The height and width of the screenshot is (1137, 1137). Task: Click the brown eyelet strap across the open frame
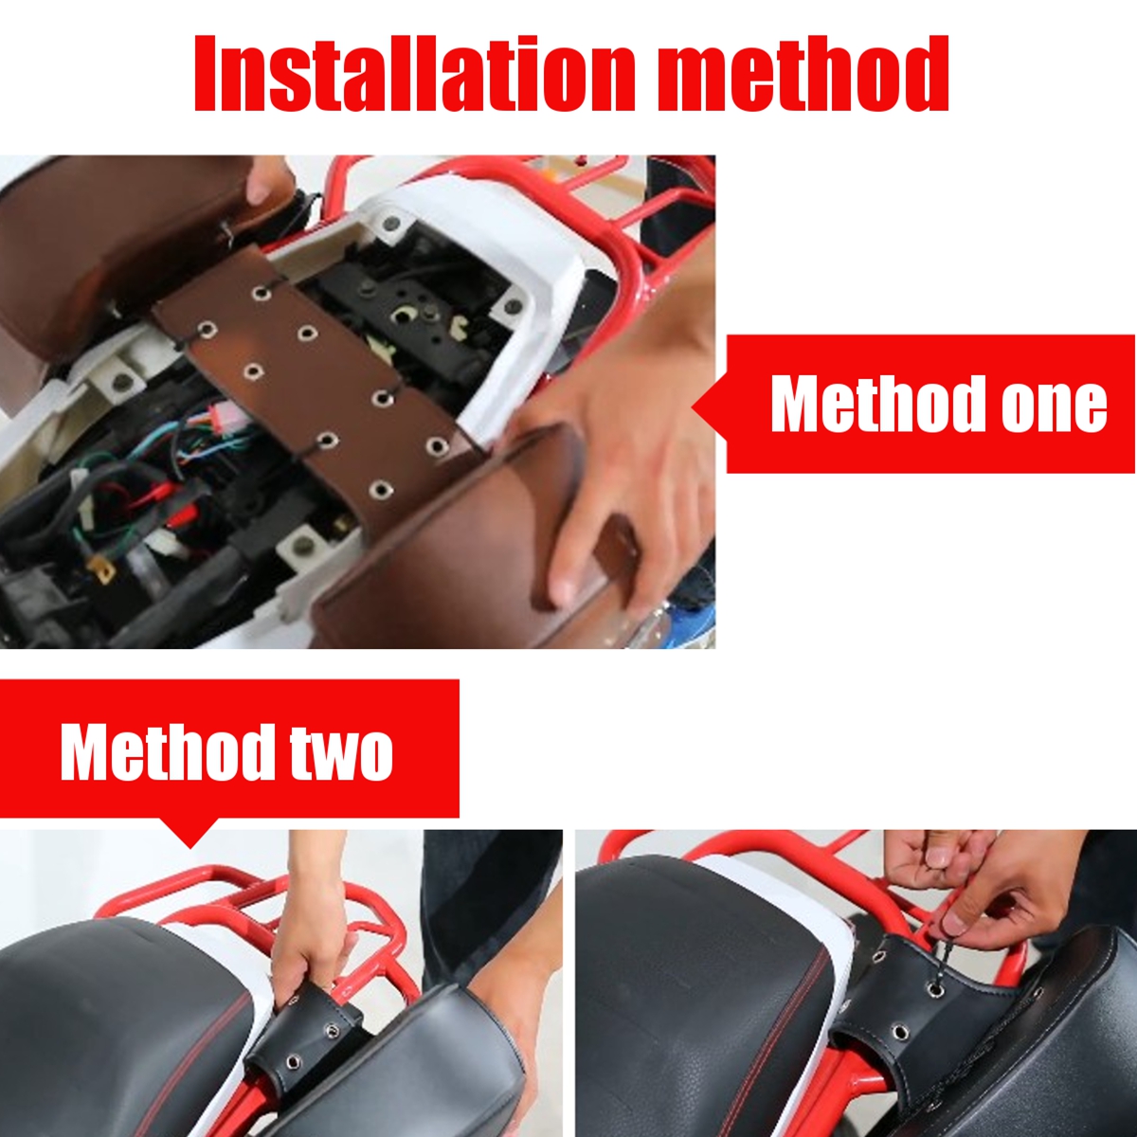tap(313, 379)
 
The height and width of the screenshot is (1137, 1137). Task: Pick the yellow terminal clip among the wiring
tap(102, 569)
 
